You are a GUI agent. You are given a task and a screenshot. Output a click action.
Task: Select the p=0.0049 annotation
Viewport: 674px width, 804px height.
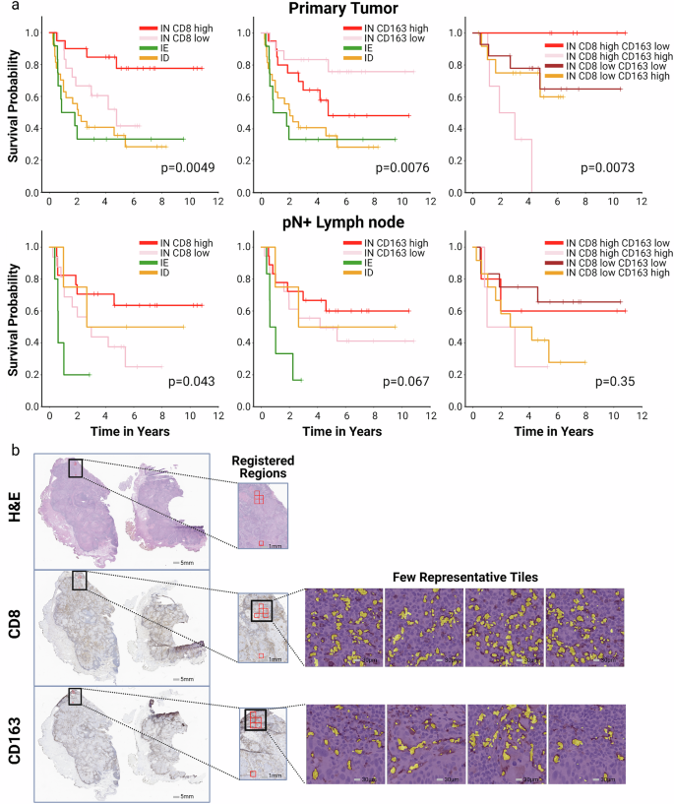187,168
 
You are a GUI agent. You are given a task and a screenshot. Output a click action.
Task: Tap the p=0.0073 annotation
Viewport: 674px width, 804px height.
607,168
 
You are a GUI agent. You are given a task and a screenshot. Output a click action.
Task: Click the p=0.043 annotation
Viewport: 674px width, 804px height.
191,381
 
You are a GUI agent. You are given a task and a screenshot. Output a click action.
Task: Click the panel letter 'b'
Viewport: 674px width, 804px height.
12,447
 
